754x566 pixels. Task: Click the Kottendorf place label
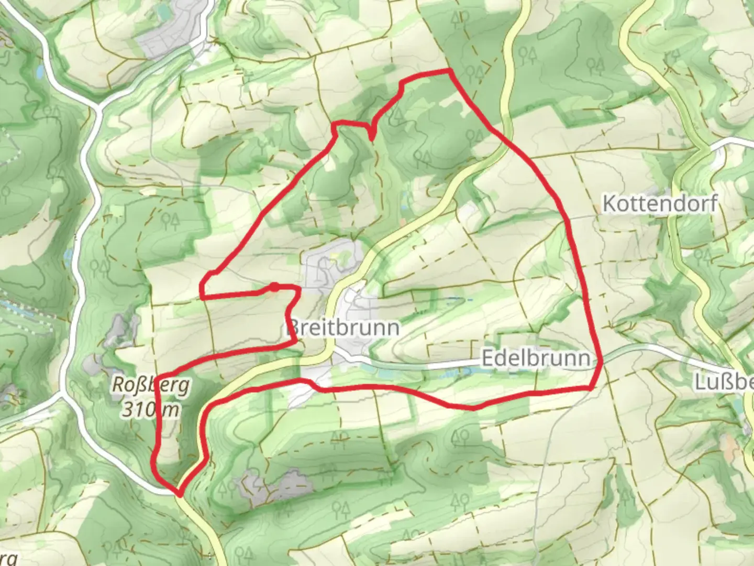[659, 203]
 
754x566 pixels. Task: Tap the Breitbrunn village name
[343, 328]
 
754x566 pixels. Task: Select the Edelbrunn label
[535, 358]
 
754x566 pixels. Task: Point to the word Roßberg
[151, 386]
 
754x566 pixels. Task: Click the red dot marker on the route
[274, 286]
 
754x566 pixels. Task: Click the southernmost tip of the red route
[180, 494]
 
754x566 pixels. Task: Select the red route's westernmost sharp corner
[202, 297]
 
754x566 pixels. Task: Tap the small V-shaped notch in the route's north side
[371, 138]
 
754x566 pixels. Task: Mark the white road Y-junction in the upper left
[97, 107]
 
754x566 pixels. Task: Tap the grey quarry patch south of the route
[272, 487]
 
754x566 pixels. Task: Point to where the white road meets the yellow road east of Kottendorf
[704, 148]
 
